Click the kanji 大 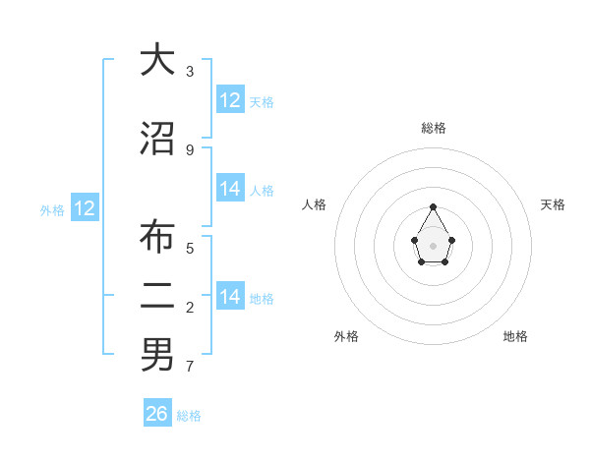[x=157, y=61]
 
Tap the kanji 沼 [x=157, y=139]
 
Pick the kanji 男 [x=157, y=354]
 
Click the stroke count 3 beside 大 [x=190, y=71]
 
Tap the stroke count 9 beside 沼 [x=190, y=149]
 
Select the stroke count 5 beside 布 [x=190, y=247]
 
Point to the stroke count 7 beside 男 [x=190, y=367]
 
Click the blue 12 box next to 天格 [x=230, y=100]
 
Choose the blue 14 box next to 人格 [x=230, y=189]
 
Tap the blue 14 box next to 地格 [x=230, y=297]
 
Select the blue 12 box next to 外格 [x=85, y=208]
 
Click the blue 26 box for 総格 [x=157, y=414]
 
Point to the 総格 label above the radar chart [x=434, y=128]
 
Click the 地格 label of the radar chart [x=515, y=336]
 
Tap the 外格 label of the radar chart [x=346, y=336]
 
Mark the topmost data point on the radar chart [x=434, y=206]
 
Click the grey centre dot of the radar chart [x=434, y=244]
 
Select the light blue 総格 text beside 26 [x=189, y=416]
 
